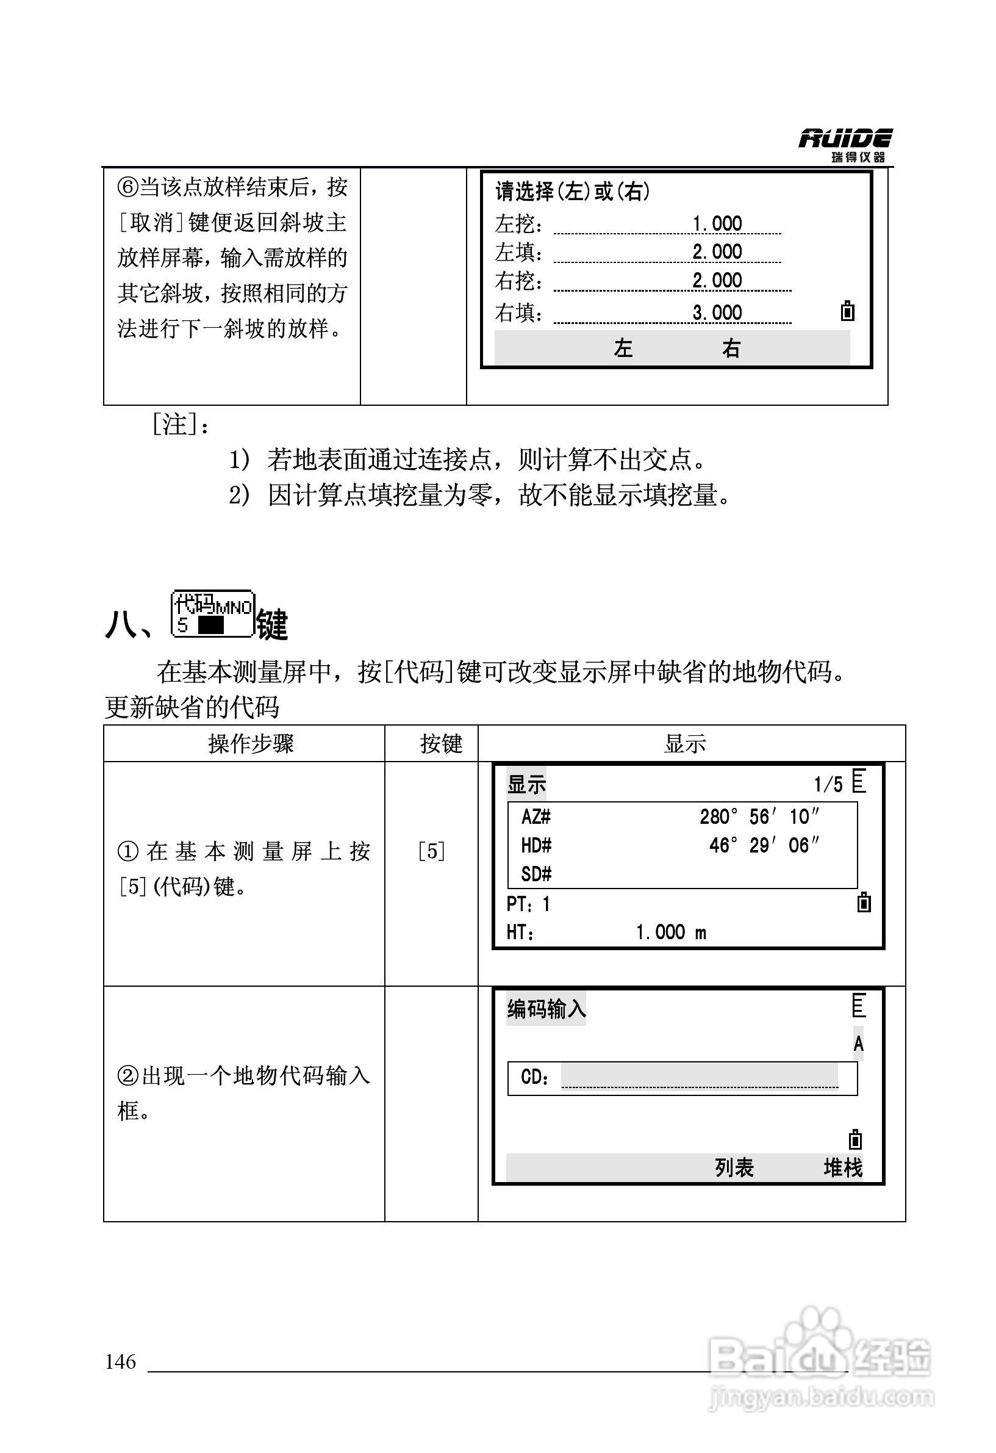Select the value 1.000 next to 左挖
pos(717,223)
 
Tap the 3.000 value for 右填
pos(717,312)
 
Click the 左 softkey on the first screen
pos(623,348)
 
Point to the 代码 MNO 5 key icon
pos(212,614)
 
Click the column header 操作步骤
pos(251,744)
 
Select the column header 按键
pos(440,744)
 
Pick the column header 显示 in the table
pos(685,744)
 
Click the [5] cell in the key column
pos(431,851)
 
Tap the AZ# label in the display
pos(536,817)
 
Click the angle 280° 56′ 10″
pos(759,817)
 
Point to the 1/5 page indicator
pos(828,784)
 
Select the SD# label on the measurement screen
pos(536,874)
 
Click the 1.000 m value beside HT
pos(670,933)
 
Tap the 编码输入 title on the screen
pos(546,1009)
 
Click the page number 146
pos(121,1361)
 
